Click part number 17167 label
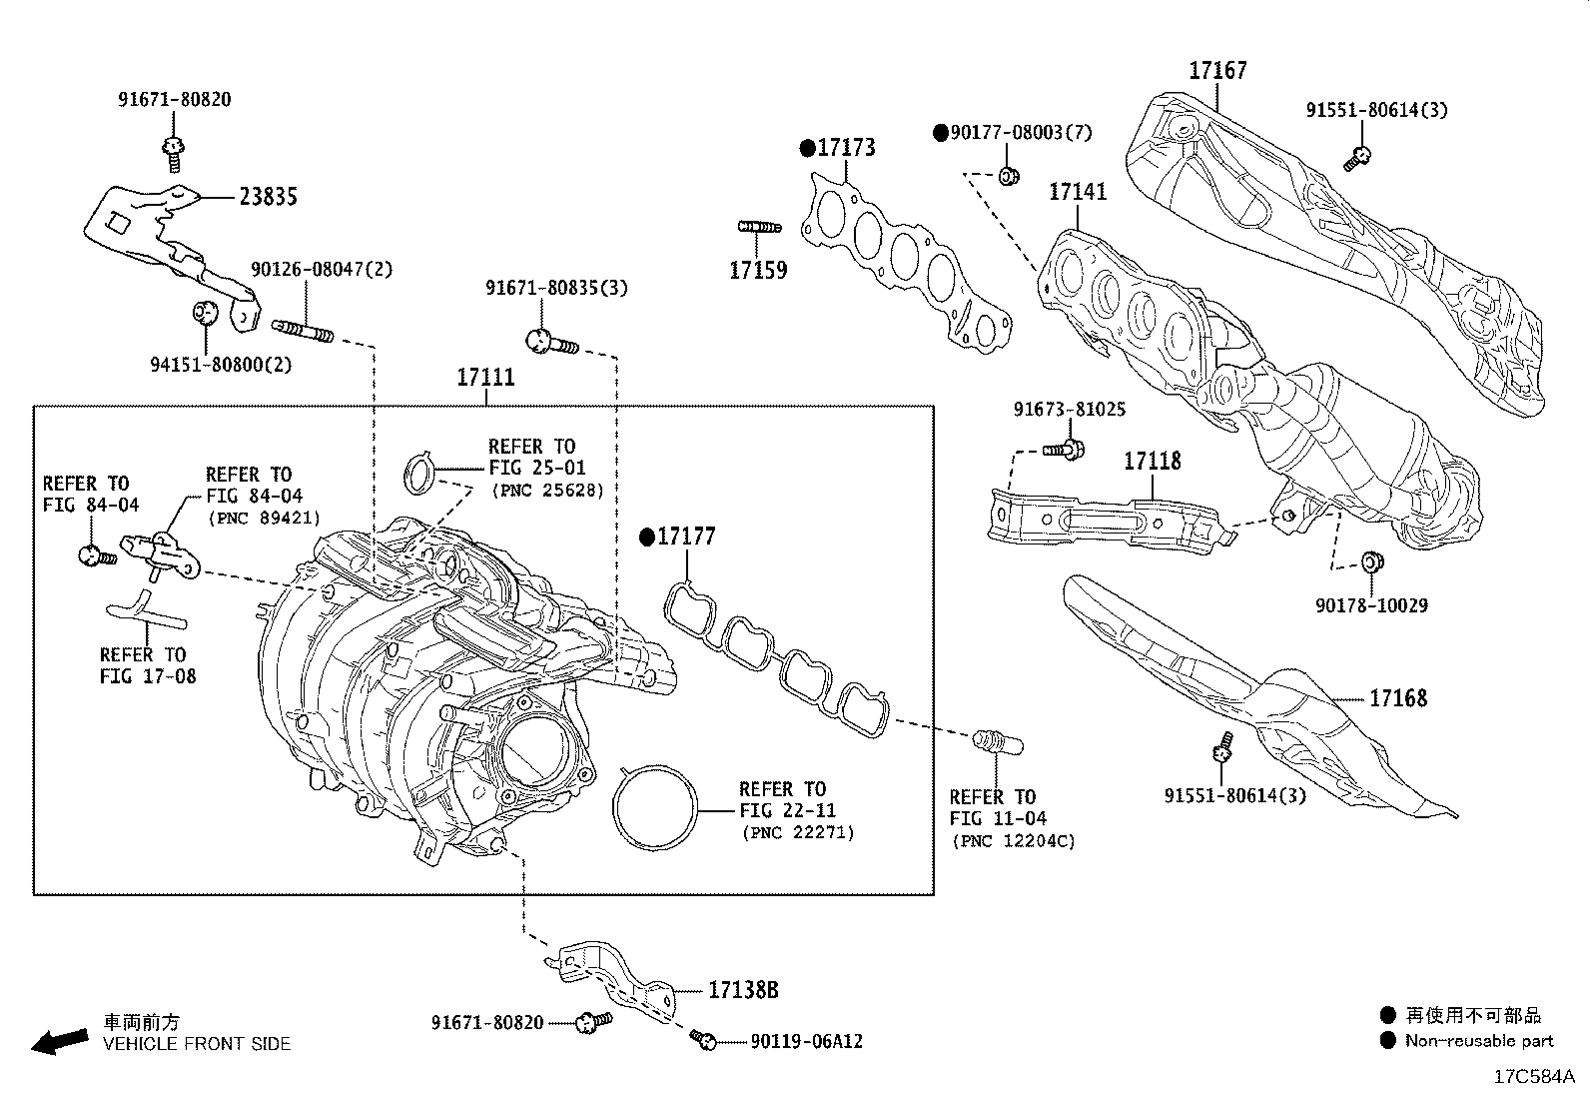1216,71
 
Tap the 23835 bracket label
268,197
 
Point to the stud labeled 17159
759,228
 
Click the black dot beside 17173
807,149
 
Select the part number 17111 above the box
485,378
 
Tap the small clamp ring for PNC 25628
418,473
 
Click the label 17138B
742,991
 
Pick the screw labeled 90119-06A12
704,1040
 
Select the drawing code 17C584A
1533,1077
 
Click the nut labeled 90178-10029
1372,563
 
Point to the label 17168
1397,698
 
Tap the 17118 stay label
1152,461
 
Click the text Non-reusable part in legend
1478,1041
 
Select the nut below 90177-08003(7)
1008,177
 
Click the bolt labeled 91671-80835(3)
549,342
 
